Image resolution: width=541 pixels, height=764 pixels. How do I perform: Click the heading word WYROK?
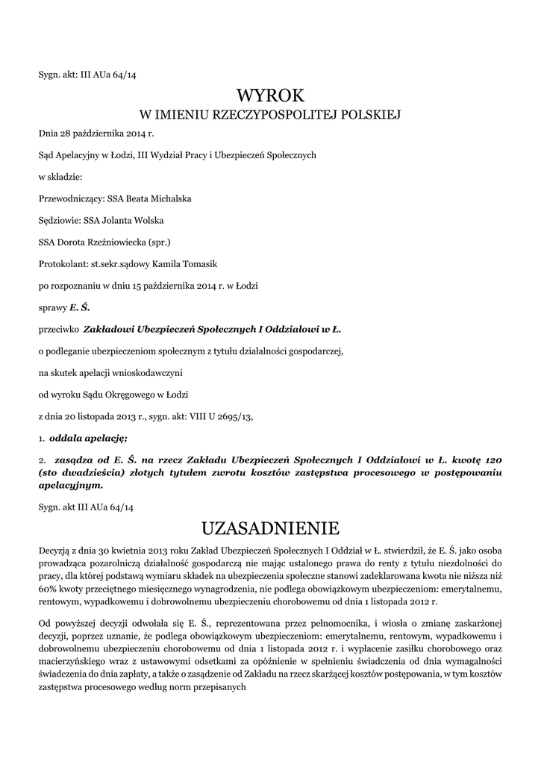(x=270, y=95)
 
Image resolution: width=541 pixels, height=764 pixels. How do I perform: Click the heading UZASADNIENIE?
(x=270, y=528)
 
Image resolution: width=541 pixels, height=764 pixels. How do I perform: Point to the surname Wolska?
(x=148, y=221)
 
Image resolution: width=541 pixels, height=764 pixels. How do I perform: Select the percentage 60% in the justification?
(x=50, y=589)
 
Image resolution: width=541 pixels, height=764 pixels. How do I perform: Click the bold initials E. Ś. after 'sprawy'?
(x=79, y=307)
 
